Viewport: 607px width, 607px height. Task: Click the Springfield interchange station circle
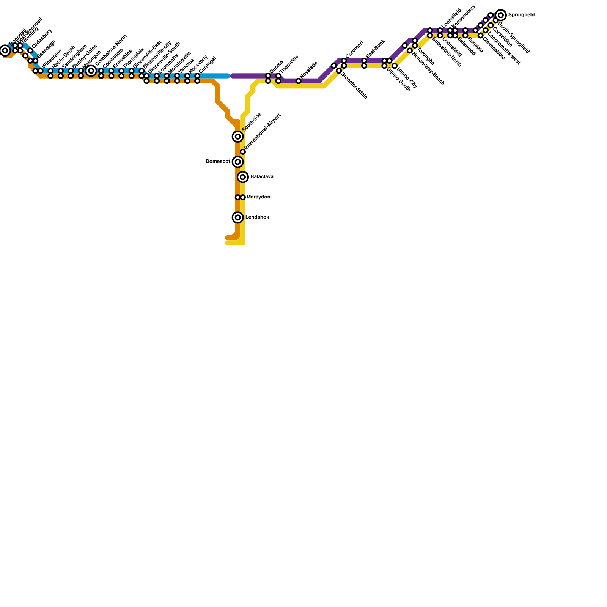[501, 15]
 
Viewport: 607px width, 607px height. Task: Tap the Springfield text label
[521, 15]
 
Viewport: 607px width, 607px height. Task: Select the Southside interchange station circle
[238, 137]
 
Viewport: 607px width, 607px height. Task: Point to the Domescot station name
[218, 162]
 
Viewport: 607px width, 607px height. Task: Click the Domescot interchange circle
[238, 162]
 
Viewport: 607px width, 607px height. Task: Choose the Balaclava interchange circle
[243, 177]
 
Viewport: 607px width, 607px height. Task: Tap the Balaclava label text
[262, 177]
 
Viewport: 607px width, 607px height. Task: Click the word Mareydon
[258, 197]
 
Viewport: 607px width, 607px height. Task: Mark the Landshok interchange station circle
[238, 217]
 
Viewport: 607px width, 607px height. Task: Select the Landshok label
[257, 217]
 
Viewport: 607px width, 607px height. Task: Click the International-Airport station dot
[243, 152]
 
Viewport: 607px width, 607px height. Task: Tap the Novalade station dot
[299, 81]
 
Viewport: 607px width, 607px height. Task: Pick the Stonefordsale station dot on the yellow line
[339, 71]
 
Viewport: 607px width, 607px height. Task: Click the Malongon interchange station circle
[91, 71]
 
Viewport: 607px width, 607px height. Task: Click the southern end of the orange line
[227, 238]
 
